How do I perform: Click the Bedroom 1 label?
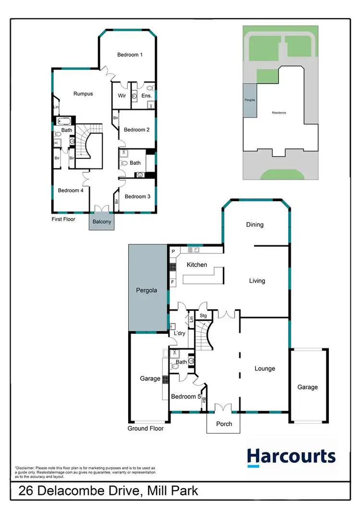coord(130,55)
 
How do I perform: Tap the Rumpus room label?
coord(83,94)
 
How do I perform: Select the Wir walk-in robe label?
coord(122,96)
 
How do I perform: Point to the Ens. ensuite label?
coord(146,96)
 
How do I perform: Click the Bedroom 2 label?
coord(137,130)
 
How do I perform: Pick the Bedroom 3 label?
coord(137,196)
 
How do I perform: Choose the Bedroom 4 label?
coord(71,191)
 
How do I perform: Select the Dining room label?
coord(254,225)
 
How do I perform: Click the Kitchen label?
coord(197,265)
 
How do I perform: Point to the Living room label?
coord(257,281)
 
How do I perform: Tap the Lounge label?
coord(264,369)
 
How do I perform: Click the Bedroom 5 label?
coord(186,397)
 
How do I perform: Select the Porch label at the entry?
coord(224,424)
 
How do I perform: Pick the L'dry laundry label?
coord(179,333)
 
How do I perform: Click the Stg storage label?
coord(203,316)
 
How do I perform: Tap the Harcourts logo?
coord(291,456)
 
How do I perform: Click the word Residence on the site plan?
coord(279,113)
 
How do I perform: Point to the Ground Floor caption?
coord(145,428)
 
